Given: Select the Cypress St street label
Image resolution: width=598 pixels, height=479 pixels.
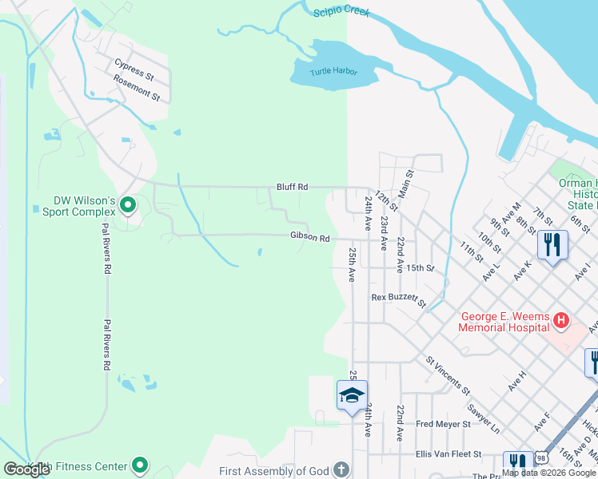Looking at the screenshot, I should tap(134, 69).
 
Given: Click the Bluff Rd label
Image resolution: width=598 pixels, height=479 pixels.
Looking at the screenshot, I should tap(293, 186).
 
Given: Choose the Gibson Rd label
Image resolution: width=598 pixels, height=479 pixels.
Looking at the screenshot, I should tap(310, 238).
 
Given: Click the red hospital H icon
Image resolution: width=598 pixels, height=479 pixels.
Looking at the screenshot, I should tap(561, 321).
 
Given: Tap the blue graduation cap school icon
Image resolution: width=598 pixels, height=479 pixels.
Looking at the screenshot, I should tap(352, 395).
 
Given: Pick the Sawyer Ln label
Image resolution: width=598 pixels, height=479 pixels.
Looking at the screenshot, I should tap(483, 418).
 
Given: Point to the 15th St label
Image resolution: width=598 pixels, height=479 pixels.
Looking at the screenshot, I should tap(419, 267).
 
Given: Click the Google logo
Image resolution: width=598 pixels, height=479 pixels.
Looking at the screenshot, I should tap(27, 469).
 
